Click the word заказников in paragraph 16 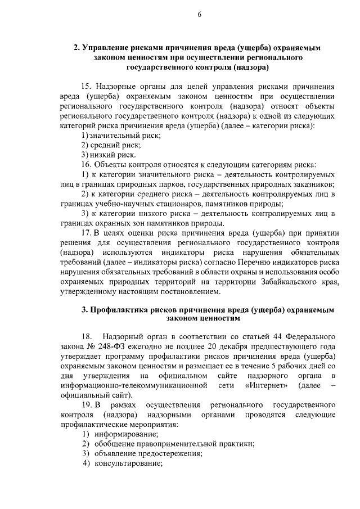(312, 184)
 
